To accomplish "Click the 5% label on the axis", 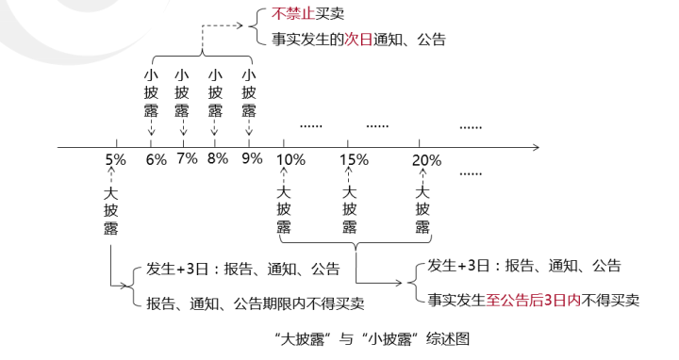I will pyautogui.click(x=115, y=158).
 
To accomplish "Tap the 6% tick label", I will pyautogui.click(x=156, y=158).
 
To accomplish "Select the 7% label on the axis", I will pyautogui.click(x=187, y=158).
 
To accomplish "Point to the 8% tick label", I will pyautogui.click(x=218, y=158).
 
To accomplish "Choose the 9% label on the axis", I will pyautogui.click(x=251, y=158).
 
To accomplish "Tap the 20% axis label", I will pyautogui.click(x=426, y=159).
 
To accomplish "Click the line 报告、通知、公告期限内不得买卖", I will pyautogui.click(x=255, y=303).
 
